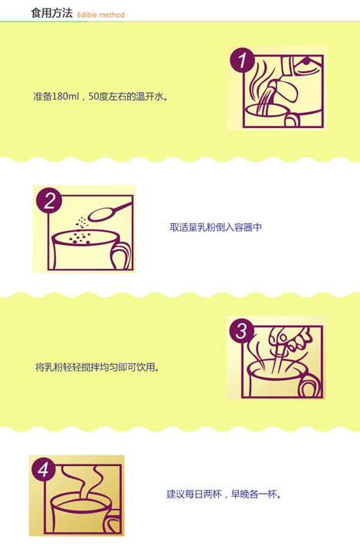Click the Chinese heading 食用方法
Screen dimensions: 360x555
point(51,13)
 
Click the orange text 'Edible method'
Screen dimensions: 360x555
point(101,15)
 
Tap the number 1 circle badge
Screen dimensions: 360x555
point(242,60)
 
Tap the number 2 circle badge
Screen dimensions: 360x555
point(49,201)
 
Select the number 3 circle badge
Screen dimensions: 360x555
point(241,331)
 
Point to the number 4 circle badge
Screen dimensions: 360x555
point(43,470)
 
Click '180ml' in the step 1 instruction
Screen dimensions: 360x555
point(65,97)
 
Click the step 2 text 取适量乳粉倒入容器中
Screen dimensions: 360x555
point(216,227)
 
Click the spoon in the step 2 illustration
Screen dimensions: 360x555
point(110,212)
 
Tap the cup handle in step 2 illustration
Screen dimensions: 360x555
point(121,255)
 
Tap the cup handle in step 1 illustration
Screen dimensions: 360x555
point(292,120)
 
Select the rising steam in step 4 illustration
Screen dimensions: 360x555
point(87,482)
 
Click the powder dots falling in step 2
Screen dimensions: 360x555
point(80,232)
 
